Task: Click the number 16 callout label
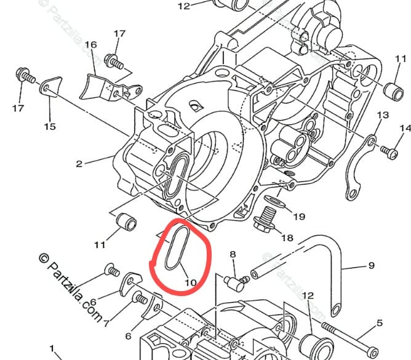(x=90, y=44)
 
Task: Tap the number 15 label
(x=50, y=127)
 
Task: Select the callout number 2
(x=79, y=164)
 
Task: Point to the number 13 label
(x=383, y=115)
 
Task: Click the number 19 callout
(x=299, y=217)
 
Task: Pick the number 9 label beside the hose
(x=372, y=266)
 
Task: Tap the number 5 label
(x=380, y=323)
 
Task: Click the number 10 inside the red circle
(x=191, y=282)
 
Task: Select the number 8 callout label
(x=233, y=254)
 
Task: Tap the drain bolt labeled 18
(x=264, y=220)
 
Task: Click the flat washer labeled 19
(x=274, y=201)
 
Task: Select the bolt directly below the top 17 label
(x=114, y=62)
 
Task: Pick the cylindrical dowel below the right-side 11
(x=393, y=92)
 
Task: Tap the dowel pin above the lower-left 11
(x=126, y=222)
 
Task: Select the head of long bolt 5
(x=372, y=351)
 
